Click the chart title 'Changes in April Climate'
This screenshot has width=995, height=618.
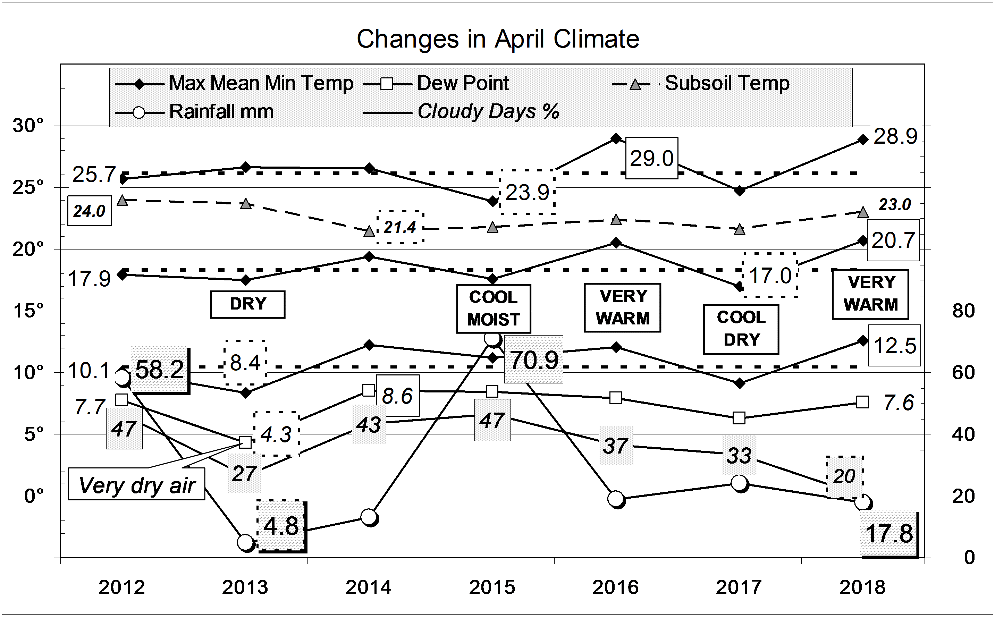pyautogui.click(x=498, y=39)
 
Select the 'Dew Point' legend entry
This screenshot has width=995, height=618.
pyautogui.click(x=462, y=84)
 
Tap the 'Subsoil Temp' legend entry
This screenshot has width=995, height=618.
pyautogui.click(x=726, y=84)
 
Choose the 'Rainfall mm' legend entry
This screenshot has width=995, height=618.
pyautogui.click(x=221, y=112)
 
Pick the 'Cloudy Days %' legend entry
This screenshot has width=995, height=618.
pyautogui.click(x=488, y=112)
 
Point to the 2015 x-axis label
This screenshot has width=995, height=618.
pyautogui.click(x=492, y=588)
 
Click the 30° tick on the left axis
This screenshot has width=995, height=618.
pyautogui.click(x=28, y=126)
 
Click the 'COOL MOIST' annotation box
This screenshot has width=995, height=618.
pyautogui.click(x=494, y=308)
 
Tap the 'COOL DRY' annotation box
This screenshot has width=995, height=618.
pyautogui.click(x=741, y=329)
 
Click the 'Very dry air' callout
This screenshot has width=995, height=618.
pyautogui.click(x=136, y=485)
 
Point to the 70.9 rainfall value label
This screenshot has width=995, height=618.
pyautogui.click(x=534, y=360)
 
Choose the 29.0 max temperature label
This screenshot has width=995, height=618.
pyautogui.click(x=652, y=158)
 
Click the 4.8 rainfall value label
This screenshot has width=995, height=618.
pyautogui.click(x=281, y=526)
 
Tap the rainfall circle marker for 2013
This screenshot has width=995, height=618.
pyautogui.click(x=246, y=542)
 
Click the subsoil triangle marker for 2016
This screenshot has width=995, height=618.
pyautogui.click(x=616, y=220)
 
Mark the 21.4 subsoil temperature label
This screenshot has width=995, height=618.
pyautogui.click(x=400, y=227)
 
